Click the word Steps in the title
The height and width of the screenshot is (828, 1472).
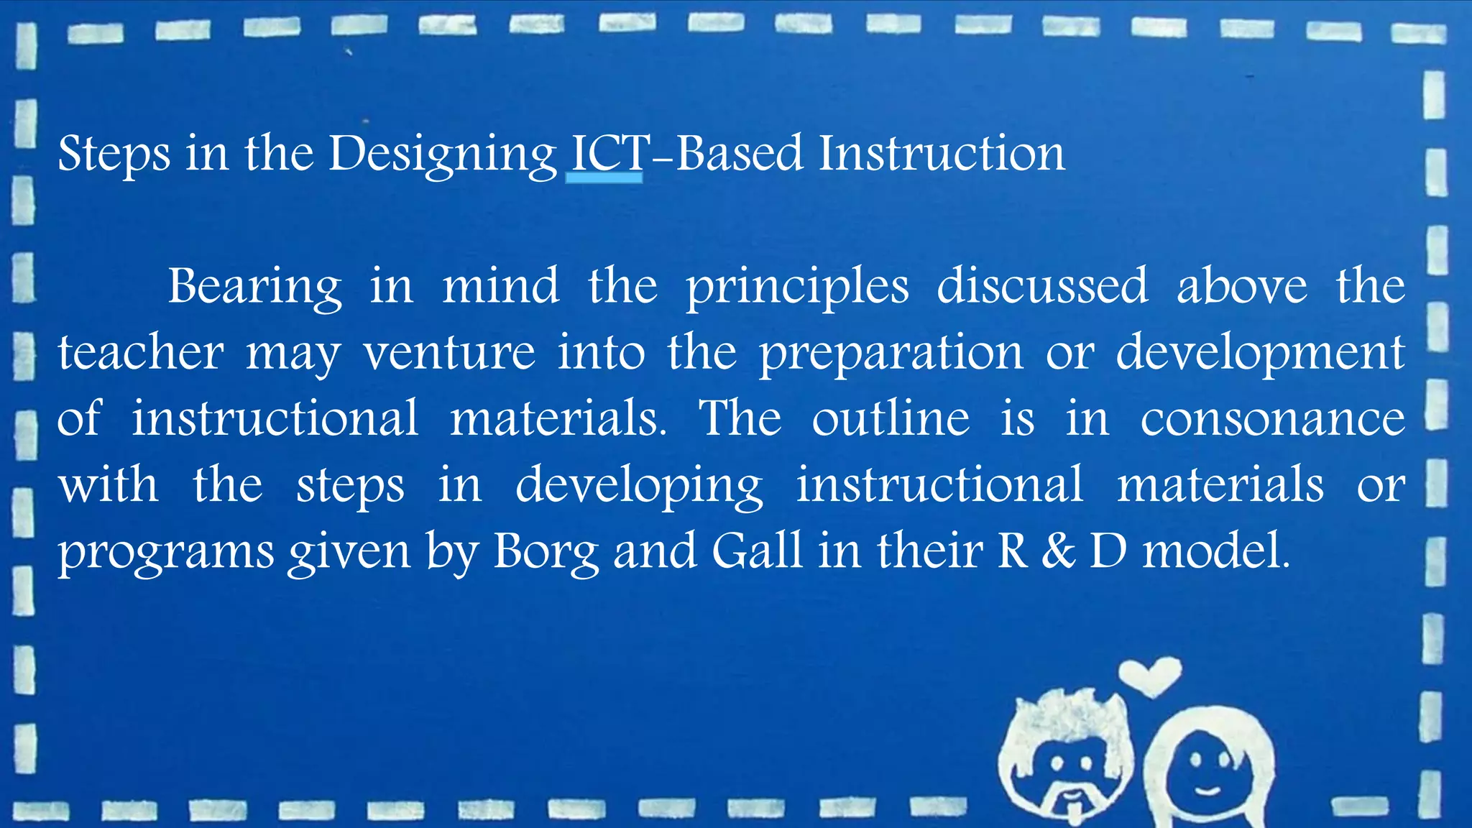point(114,154)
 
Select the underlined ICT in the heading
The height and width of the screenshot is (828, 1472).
point(604,154)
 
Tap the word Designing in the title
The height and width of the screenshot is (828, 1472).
point(443,155)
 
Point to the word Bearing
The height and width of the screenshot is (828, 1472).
point(254,287)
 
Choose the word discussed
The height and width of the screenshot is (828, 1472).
point(1042,285)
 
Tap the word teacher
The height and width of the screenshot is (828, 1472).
point(141,353)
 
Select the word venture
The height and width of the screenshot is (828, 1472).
point(449,353)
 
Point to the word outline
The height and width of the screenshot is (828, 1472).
point(891,418)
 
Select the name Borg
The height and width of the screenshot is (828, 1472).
point(546,552)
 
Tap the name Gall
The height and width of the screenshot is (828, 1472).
point(757,551)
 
